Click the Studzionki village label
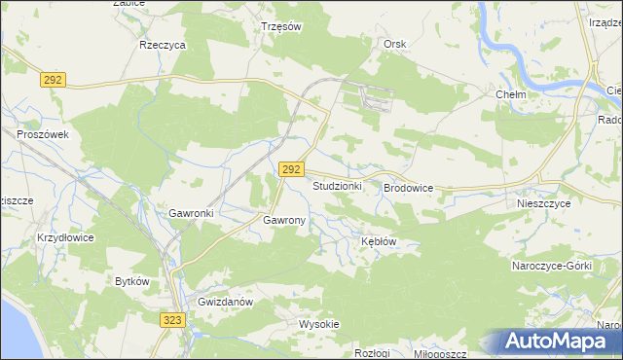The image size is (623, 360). [x=337, y=185]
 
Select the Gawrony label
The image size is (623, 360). [x=284, y=221]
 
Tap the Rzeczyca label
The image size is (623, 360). [x=163, y=45]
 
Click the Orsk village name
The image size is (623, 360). [x=394, y=45]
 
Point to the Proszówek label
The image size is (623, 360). [x=42, y=135]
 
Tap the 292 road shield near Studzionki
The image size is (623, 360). [x=290, y=169]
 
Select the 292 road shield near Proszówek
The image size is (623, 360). [x=53, y=81]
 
